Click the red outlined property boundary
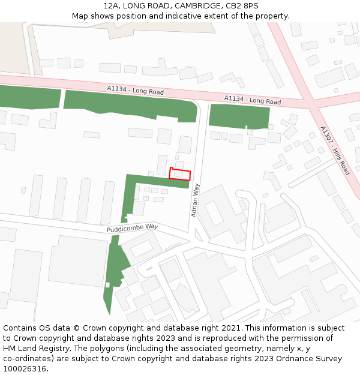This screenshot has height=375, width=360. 180,174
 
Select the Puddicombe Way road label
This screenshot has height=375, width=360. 132,227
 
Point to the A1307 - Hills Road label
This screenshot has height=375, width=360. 335,150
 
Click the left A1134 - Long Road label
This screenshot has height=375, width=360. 136,91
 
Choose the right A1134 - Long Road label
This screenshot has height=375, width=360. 253,100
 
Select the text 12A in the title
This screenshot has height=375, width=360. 111,6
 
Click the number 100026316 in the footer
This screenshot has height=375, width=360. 25,369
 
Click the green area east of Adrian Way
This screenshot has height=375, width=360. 239,116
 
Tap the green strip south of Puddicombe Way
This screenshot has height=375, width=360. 115,270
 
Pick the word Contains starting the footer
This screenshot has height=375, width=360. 21,328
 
